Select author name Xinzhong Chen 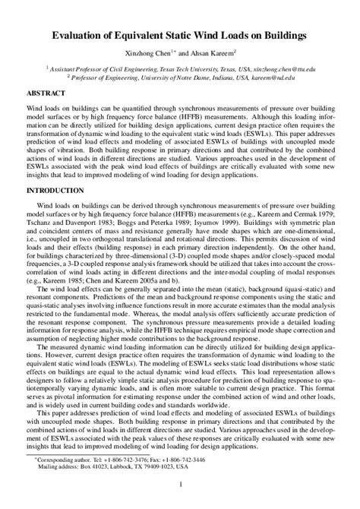[x=158, y=53]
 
